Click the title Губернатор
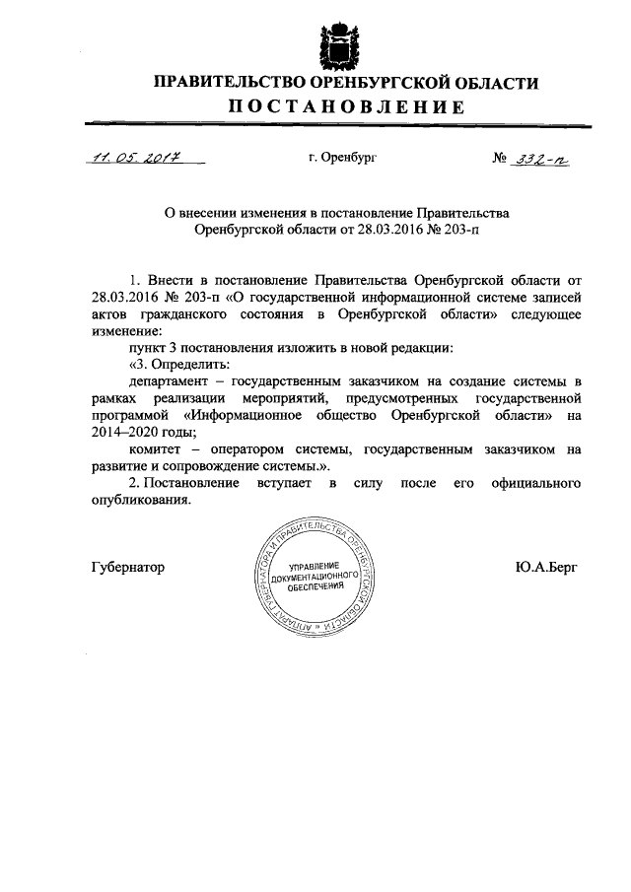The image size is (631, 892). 126,569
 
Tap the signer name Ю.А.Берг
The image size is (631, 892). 546,569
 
